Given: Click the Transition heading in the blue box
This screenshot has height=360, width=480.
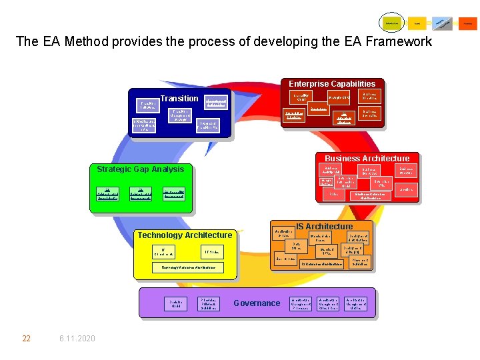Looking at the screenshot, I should (x=179, y=99).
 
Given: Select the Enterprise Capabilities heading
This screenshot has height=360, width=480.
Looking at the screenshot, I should (x=331, y=84).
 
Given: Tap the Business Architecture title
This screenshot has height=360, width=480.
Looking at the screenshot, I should (x=367, y=159).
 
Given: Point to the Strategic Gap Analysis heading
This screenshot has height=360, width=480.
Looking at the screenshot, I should (x=140, y=169).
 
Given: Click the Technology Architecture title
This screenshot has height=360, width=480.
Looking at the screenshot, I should (x=185, y=235).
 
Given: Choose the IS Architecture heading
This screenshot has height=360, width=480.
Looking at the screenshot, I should (x=324, y=227).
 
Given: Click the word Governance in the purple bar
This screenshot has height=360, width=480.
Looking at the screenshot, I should (x=257, y=303).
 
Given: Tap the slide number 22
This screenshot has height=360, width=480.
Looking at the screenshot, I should (x=26, y=339).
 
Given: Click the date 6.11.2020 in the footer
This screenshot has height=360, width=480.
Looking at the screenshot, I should (x=76, y=339).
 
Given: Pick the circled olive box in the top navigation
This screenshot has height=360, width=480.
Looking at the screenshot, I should (x=391, y=23).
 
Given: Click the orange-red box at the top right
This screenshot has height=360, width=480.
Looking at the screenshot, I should (x=468, y=23).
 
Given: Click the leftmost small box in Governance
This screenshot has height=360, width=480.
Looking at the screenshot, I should (x=176, y=304).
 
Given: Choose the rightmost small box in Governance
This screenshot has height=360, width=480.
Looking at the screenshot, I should (x=359, y=304).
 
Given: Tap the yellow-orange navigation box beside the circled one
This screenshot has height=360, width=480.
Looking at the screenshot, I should (x=417, y=23).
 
